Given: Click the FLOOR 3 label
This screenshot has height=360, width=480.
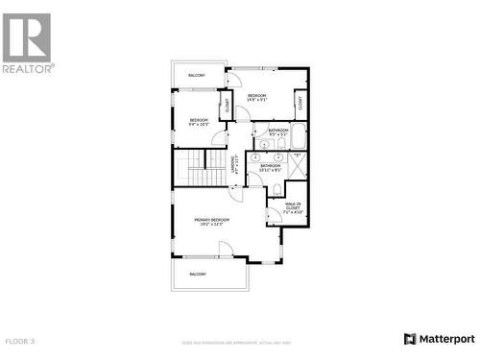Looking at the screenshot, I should click(x=20, y=341).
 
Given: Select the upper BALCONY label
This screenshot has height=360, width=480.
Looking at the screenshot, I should click(x=197, y=75).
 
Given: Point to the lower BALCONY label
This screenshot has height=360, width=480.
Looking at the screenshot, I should click(x=198, y=275).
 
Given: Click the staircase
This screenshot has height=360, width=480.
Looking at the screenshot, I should click(x=198, y=169).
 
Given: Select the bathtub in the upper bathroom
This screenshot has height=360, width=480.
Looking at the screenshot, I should click(x=298, y=134).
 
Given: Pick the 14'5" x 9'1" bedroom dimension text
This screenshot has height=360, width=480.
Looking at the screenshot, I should click(x=257, y=100).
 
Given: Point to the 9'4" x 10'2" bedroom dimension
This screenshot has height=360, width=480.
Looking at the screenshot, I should click(x=199, y=124).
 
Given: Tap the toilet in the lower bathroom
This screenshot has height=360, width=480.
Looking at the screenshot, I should click(x=276, y=188).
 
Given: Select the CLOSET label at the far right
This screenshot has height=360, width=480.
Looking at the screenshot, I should click(x=300, y=104).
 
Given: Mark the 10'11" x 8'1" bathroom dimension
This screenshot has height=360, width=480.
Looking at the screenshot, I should click(x=270, y=171).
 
